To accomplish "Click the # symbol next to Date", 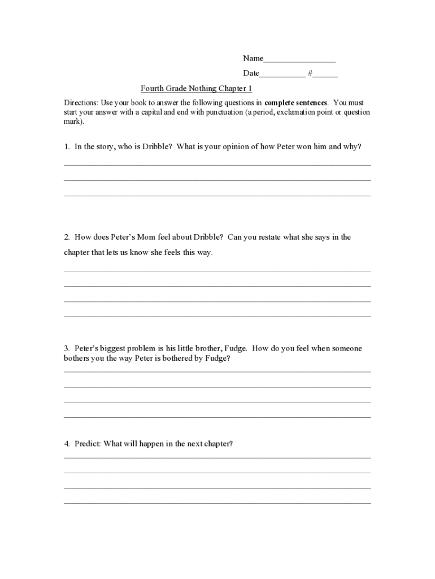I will click(310, 74).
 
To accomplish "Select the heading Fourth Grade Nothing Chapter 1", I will click(196, 89).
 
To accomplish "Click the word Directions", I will click(81, 103).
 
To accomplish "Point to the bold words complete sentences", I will click(295, 103).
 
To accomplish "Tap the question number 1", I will click(66, 146).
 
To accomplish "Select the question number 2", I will click(66, 237).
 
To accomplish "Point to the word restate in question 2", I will click(269, 237).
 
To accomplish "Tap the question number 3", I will click(66, 348).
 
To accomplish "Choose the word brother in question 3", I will click(206, 348).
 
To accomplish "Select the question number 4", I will click(66, 444).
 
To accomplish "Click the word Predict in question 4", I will click(87, 444).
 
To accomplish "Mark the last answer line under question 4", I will click(217, 502).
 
